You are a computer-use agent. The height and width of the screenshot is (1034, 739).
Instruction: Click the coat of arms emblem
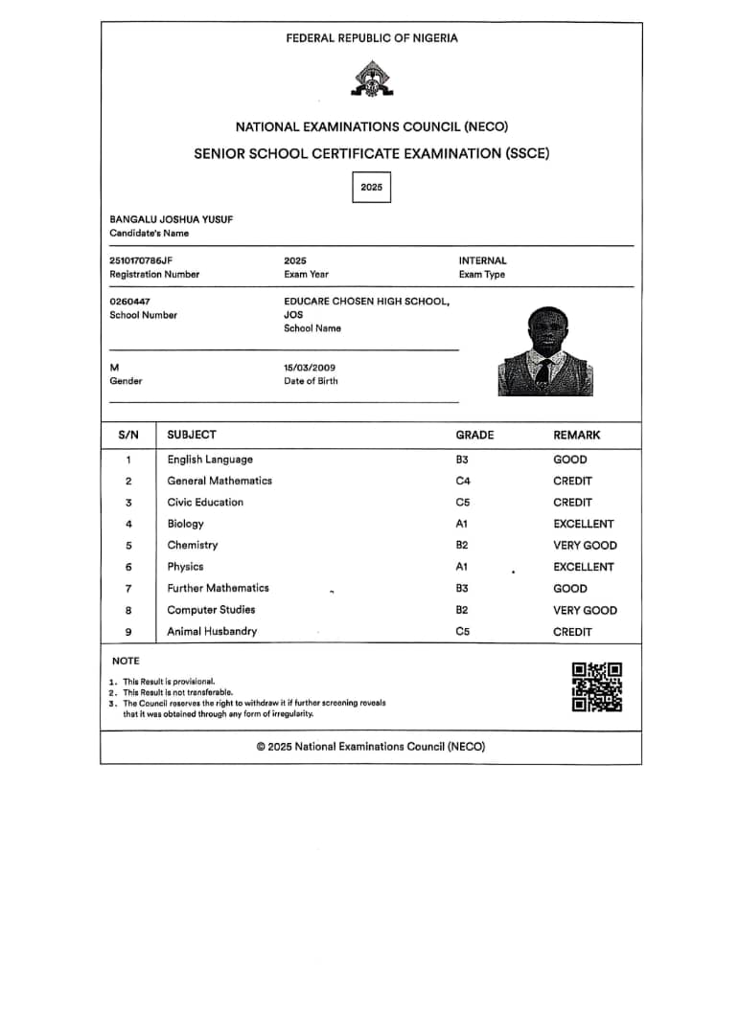point(369,79)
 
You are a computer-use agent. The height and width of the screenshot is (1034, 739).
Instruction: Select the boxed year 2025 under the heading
point(372,187)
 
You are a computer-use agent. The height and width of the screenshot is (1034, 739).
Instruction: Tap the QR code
point(596,686)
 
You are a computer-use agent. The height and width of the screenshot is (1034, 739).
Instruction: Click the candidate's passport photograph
point(545,351)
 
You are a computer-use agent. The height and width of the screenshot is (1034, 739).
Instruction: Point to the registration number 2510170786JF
point(142,260)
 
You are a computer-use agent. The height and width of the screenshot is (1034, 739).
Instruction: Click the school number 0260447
point(130,302)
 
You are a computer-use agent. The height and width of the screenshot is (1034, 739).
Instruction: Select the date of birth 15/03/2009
point(310,368)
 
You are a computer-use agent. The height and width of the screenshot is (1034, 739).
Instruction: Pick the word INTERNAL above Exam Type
point(482,260)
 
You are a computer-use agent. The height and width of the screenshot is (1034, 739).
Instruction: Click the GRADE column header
point(474,435)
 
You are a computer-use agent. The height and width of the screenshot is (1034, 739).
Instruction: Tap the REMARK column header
point(576,435)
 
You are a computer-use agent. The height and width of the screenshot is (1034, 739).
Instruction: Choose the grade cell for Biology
point(462,524)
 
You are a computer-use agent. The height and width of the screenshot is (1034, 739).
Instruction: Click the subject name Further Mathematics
point(218,588)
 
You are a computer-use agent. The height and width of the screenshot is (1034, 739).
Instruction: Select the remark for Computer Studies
point(585,610)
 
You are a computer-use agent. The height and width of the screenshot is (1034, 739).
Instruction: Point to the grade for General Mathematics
point(463,481)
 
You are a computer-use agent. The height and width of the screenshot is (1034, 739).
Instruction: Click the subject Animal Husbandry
point(212,631)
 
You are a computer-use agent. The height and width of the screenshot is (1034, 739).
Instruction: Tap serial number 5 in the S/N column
point(128,546)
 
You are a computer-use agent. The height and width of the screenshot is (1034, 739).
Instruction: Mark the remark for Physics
point(583,567)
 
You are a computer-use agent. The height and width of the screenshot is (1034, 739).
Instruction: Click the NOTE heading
point(126,661)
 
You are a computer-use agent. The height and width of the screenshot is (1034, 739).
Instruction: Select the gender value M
point(114,368)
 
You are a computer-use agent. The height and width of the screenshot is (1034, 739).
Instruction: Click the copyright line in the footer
point(371,747)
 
